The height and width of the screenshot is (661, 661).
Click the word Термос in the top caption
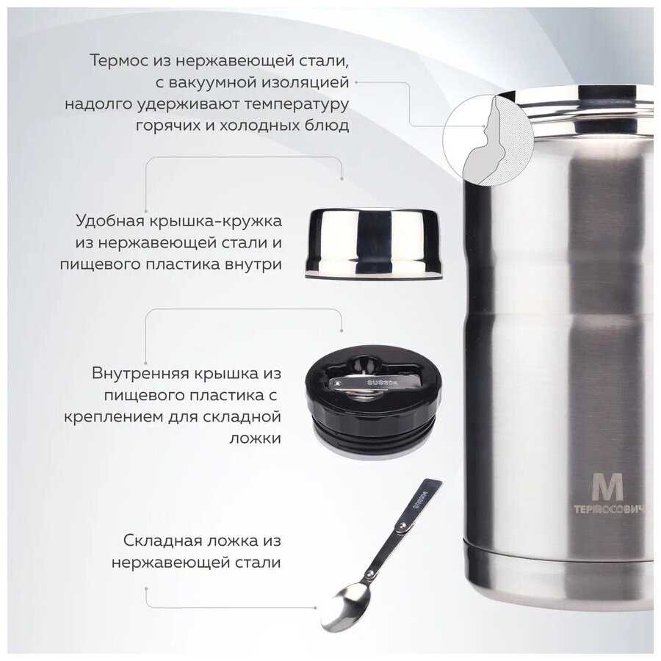(x=118, y=60)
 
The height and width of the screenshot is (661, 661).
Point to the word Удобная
(x=110, y=220)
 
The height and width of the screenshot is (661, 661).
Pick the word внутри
(x=253, y=264)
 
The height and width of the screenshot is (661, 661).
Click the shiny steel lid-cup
(x=374, y=243)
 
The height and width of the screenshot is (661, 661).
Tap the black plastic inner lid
(x=373, y=400)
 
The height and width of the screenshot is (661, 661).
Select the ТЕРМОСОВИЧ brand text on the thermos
(x=609, y=509)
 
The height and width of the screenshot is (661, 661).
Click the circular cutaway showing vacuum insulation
(x=488, y=140)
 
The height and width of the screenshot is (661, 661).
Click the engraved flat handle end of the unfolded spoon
(x=422, y=502)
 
